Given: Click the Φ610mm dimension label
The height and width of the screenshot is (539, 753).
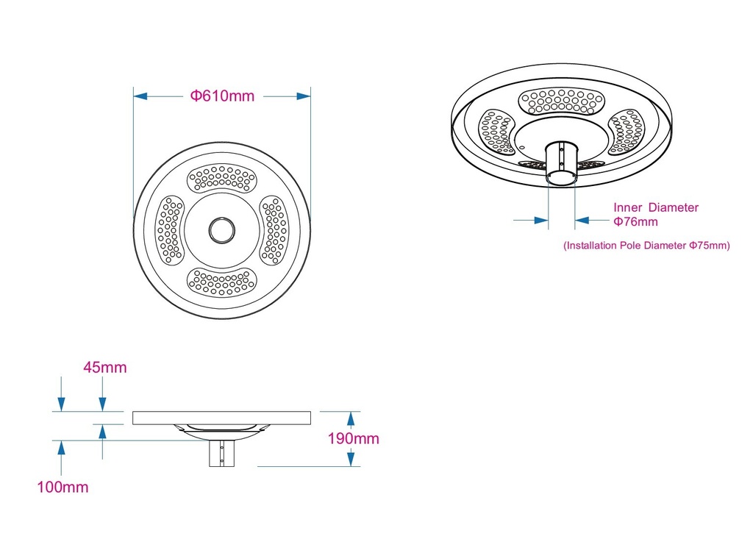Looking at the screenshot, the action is click(x=222, y=96).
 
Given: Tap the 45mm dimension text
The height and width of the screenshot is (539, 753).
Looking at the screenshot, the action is click(x=105, y=368).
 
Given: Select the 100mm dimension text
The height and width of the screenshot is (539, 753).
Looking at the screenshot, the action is click(x=63, y=487).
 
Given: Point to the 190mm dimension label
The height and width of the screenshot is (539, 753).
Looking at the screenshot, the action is click(x=354, y=438).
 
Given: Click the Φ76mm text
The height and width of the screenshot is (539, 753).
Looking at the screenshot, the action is click(x=635, y=222).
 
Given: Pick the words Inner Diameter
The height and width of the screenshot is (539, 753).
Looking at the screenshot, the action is click(x=655, y=207).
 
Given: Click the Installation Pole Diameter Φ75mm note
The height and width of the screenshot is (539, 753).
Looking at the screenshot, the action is click(x=646, y=246).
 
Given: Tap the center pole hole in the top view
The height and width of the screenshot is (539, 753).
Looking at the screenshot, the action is click(x=222, y=229).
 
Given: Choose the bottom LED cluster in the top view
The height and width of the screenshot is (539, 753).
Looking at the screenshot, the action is click(x=221, y=282).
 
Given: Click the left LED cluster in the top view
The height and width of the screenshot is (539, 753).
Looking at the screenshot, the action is click(x=170, y=230).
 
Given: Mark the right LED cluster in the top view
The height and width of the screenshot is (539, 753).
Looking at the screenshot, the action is click(x=274, y=230).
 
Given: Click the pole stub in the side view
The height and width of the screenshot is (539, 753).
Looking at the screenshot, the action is click(x=221, y=454).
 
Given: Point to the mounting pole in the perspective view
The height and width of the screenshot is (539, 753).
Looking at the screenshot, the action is click(x=561, y=163).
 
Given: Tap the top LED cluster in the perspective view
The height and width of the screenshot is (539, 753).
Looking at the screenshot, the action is click(x=561, y=101).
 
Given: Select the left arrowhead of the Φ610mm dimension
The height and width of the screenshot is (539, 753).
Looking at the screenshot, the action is click(x=140, y=96).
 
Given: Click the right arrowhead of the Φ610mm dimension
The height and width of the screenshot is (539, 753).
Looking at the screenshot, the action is click(x=304, y=96).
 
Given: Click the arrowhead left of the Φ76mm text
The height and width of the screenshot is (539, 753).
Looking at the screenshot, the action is click(x=541, y=221).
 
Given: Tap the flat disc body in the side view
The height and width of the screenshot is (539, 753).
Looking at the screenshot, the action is click(x=221, y=418).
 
